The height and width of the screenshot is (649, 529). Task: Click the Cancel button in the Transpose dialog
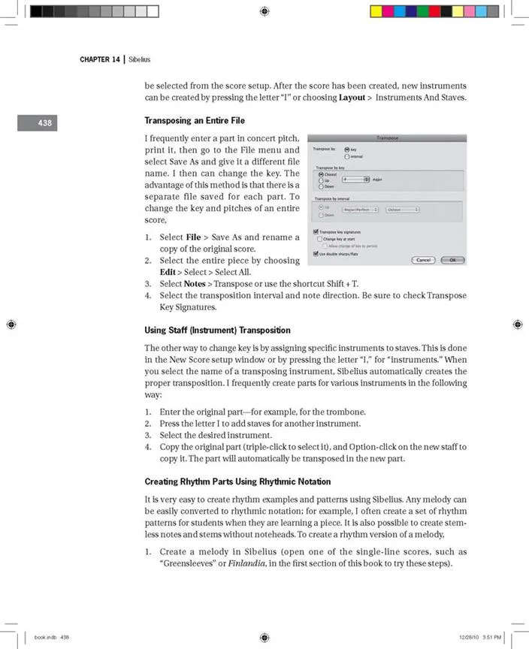423,260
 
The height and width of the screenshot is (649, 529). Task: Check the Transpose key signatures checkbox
316,231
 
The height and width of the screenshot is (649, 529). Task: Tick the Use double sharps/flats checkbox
316,253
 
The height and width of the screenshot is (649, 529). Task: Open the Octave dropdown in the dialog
403,210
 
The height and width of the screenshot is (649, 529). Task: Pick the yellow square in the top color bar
376,11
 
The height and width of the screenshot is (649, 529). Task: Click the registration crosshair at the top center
264,11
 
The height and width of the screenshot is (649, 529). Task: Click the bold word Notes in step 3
195,283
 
